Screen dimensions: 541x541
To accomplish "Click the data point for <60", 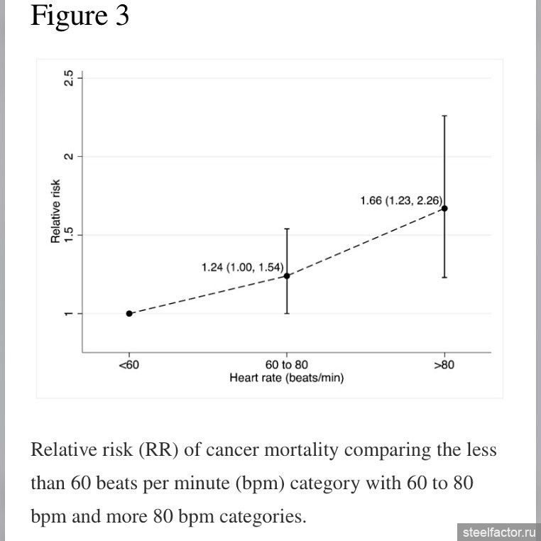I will (129, 313).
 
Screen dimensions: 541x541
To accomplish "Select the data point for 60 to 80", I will (287, 275).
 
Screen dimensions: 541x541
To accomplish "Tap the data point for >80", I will (444, 208).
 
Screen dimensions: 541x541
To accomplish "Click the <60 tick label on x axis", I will (129, 365).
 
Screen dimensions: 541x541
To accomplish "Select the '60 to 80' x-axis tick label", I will (287, 365).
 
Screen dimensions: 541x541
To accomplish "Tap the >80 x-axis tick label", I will (444, 365).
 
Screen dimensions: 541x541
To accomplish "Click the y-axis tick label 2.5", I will (68, 78).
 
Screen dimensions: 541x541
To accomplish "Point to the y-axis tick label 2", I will (68, 156).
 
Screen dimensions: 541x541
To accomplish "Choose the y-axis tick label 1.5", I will (68, 235).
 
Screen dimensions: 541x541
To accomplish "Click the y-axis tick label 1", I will (68, 314).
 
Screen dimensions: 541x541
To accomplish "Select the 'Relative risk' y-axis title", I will (55, 212).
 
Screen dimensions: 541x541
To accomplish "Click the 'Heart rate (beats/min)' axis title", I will (287, 378).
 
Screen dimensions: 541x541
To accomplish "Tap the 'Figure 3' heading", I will (80, 16).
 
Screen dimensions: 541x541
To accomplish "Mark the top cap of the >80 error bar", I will (444, 115).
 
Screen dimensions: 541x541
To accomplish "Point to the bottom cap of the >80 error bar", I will (444, 278).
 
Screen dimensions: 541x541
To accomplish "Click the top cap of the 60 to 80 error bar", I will (287, 229).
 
